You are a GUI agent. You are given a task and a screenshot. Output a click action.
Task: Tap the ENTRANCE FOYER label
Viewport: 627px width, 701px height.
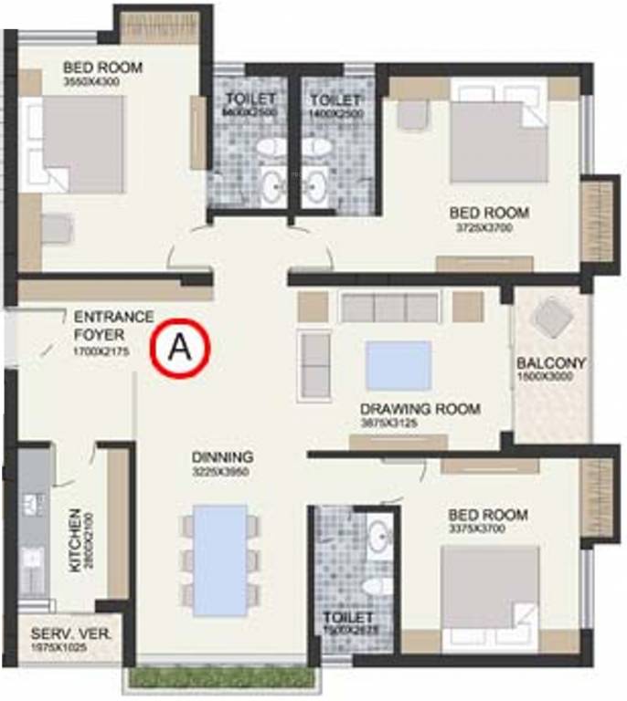click(113, 325)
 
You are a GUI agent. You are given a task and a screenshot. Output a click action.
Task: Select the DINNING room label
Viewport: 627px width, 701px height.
click(222, 457)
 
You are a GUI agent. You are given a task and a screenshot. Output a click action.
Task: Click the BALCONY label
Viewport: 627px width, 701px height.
click(551, 362)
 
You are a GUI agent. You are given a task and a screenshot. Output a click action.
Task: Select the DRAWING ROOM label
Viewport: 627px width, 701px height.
click(420, 409)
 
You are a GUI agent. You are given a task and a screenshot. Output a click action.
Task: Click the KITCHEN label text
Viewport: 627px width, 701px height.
click(75, 540)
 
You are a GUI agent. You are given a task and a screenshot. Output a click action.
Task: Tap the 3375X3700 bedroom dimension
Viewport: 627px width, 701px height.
click(487, 529)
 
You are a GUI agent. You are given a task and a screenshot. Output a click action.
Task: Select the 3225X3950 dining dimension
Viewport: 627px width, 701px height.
click(222, 472)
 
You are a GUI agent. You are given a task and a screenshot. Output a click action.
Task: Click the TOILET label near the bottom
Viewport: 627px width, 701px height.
click(348, 618)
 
